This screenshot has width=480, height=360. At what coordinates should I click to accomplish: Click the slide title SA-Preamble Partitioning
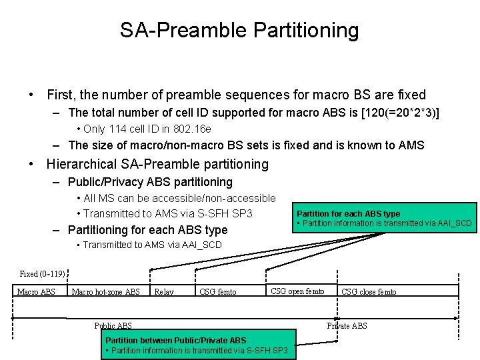click(x=239, y=30)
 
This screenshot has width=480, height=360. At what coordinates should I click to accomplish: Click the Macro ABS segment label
click(x=36, y=292)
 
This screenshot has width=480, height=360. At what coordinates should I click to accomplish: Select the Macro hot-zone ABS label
click(x=105, y=292)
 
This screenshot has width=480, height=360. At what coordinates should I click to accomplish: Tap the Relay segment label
click(x=164, y=292)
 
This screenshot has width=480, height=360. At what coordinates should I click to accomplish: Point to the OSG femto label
click(x=217, y=292)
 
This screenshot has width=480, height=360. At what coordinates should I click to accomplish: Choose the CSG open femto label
click(x=297, y=291)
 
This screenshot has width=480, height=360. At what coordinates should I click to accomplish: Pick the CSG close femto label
click(x=369, y=292)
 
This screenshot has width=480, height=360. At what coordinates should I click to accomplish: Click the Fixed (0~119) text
click(x=43, y=274)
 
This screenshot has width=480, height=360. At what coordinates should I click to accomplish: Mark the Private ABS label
click(x=347, y=325)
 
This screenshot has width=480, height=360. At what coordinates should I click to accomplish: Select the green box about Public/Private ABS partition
click(x=197, y=345)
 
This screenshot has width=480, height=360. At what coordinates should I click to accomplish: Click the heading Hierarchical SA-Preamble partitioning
click(x=157, y=164)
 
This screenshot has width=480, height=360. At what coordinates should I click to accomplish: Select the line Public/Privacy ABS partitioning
click(x=150, y=182)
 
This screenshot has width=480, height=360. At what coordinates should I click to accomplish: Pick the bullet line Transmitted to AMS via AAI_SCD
click(x=153, y=245)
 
